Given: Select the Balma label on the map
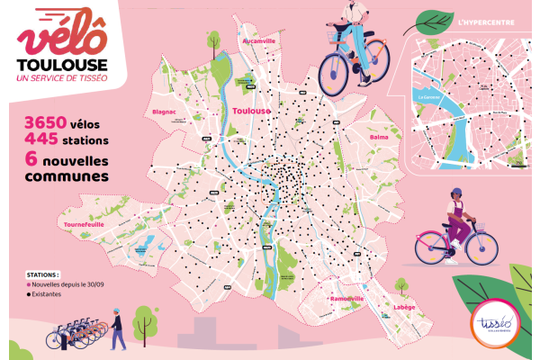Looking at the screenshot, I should [x=379, y=137].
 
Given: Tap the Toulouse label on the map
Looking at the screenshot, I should [x=251, y=111].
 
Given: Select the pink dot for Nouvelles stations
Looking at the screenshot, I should [x=30, y=285].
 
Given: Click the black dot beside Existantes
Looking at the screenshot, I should [x=30, y=295].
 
